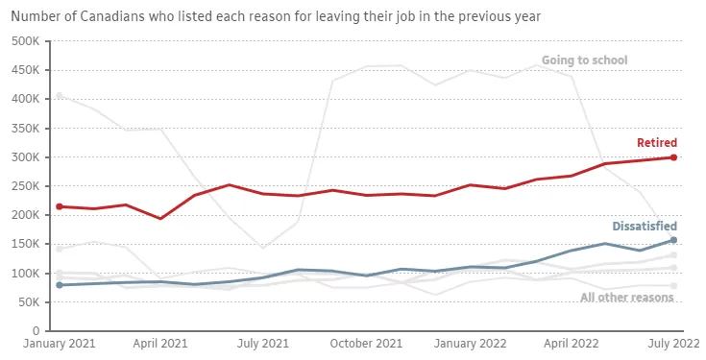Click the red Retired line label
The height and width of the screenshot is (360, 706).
657,143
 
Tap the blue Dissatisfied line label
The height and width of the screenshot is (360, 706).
645,226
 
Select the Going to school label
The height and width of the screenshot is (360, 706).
584,60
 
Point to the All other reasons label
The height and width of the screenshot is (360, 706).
626,298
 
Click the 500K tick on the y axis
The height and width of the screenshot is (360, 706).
25,41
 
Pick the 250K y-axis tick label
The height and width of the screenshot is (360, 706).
25,186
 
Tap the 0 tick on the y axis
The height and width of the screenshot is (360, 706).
37,331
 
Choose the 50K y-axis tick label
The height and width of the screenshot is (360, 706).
28,302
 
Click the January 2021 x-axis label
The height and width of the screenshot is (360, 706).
60,344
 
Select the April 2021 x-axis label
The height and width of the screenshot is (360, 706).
160,344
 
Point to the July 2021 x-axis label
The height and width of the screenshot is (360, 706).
263,344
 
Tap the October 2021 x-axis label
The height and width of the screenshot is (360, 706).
366,344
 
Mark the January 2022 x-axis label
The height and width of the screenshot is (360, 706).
470,344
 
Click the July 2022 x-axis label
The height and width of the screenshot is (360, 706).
673,344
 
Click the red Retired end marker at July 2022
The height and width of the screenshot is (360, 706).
673,157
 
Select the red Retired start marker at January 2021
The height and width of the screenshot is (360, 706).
60,206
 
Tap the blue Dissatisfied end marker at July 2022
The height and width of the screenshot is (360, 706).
673,240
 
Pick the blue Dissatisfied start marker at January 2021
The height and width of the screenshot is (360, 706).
60,285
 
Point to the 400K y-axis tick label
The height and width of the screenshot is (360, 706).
25,99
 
